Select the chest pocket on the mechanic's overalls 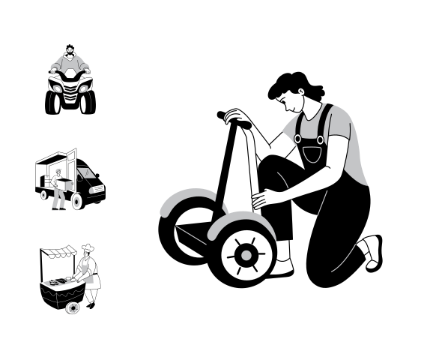pyautogui.click(x=312, y=154)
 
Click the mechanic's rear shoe pyautogui.click(x=372, y=251)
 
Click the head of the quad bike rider pyautogui.click(x=70, y=52)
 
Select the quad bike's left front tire pyautogui.click(x=52, y=102)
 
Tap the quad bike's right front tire pyautogui.click(x=88, y=102)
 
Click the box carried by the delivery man pyautogui.click(x=63, y=181)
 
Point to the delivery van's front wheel pyautogui.click(x=76, y=201)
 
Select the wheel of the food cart pyautogui.click(x=73, y=307)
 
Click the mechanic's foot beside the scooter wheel pyautogui.click(x=280, y=268)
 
